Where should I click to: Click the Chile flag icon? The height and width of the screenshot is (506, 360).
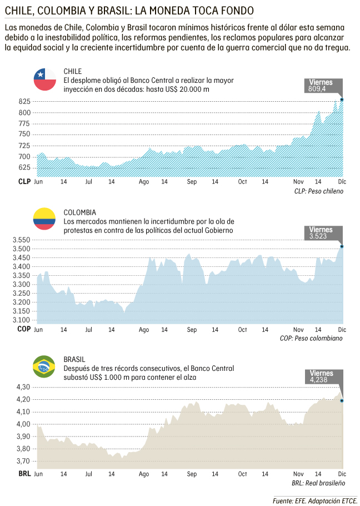45,80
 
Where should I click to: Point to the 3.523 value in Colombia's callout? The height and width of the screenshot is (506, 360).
318,236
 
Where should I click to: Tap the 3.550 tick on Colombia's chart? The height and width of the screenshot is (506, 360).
21,240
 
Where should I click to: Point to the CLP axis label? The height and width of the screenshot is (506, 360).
24,182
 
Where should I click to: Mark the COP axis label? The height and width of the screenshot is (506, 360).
24,329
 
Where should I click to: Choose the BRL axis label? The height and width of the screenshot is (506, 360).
24,474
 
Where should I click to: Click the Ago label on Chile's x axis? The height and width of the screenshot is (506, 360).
144,182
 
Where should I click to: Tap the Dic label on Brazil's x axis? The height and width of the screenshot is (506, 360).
341,474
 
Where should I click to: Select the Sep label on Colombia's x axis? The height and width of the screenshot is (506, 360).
192,329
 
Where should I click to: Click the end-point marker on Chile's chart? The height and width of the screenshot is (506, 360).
342,100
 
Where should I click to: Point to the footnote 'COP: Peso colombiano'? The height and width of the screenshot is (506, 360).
311,338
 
